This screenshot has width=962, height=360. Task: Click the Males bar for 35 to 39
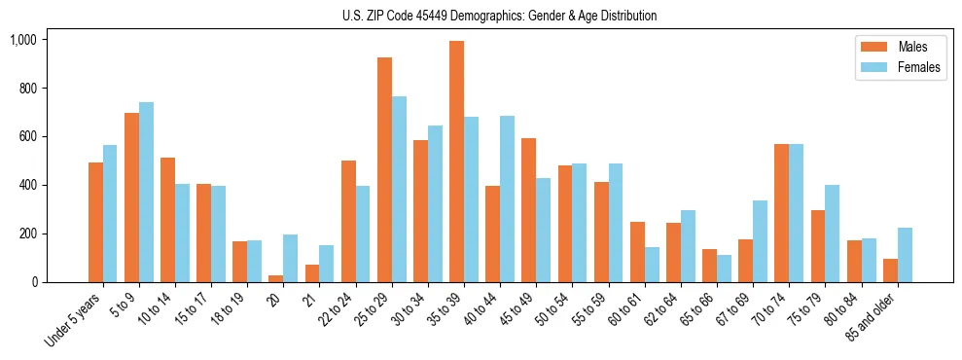tap(456, 162)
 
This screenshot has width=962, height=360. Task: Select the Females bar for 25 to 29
tap(399, 189)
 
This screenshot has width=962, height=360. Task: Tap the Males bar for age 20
tap(276, 278)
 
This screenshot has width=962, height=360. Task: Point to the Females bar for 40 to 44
tap(507, 198)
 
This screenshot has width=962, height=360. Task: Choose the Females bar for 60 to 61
tap(652, 265)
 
